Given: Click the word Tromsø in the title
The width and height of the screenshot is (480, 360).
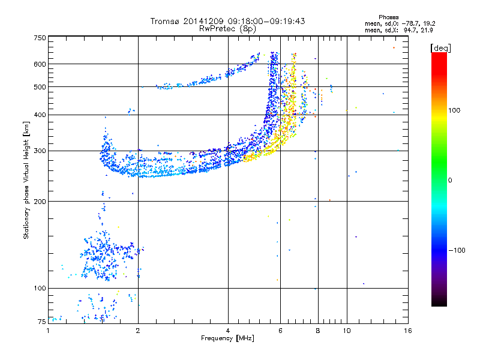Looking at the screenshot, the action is pyautogui.click(x=166, y=21).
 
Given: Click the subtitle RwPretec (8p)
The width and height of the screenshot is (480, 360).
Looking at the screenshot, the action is pyautogui.click(x=227, y=29).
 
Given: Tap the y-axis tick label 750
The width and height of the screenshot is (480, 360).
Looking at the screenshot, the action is pyautogui.click(x=40, y=38).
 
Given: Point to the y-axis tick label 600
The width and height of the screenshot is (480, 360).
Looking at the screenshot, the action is pyautogui.click(x=40, y=64).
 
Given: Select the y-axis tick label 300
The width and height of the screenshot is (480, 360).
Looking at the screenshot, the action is pyautogui.click(x=40, y=151).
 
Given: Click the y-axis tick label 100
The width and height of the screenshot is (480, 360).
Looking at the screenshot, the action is pyautogui.click(x=40, y=289).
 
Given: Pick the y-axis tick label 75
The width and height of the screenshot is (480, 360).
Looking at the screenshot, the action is pyautogui.click(x=42, y=322).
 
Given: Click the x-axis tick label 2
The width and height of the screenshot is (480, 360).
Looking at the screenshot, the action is pyautogui.click(x=138, y=331).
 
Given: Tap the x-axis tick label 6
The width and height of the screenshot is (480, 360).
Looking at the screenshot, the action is pyautogui.click(x=280, y=331).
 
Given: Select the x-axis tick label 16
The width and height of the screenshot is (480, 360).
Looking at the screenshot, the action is pyautogui.click(x=408, y=331).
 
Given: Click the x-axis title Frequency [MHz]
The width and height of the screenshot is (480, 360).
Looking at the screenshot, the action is pyautogui.click(x=227, y=338).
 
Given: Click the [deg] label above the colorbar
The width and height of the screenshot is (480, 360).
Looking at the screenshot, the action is pyautogui.click(x=440, y=48).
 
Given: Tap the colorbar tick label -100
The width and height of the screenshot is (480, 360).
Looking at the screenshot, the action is pyautogui.click(x=457, y=250).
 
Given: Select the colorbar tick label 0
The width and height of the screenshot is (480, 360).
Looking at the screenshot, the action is pyautogui.click(x=450, y=181).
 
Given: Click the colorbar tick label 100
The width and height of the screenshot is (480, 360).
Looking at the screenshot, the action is pyautogui.click(x=454, y=110).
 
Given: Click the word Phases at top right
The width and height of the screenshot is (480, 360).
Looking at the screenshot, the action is pyautogui.click(x=389, y=17).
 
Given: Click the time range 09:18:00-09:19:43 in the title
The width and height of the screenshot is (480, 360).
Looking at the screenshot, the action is pyautogui.click(x=266, y=21).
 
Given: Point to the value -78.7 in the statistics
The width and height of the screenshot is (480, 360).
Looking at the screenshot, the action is pyautogui.click(x=410, y=24).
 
